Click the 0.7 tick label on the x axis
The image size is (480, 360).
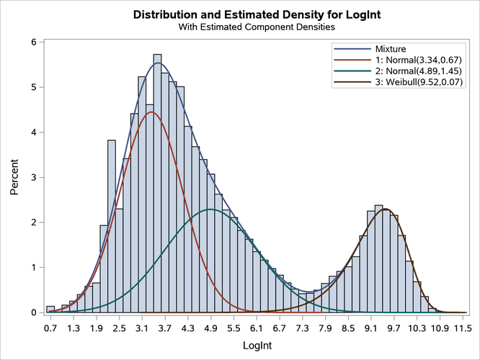[50, 328]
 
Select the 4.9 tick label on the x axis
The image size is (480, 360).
[211, 328]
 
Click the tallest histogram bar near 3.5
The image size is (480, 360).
[157, 184]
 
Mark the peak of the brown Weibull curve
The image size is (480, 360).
[386, 209]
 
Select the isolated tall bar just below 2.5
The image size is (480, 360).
[111, 227]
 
